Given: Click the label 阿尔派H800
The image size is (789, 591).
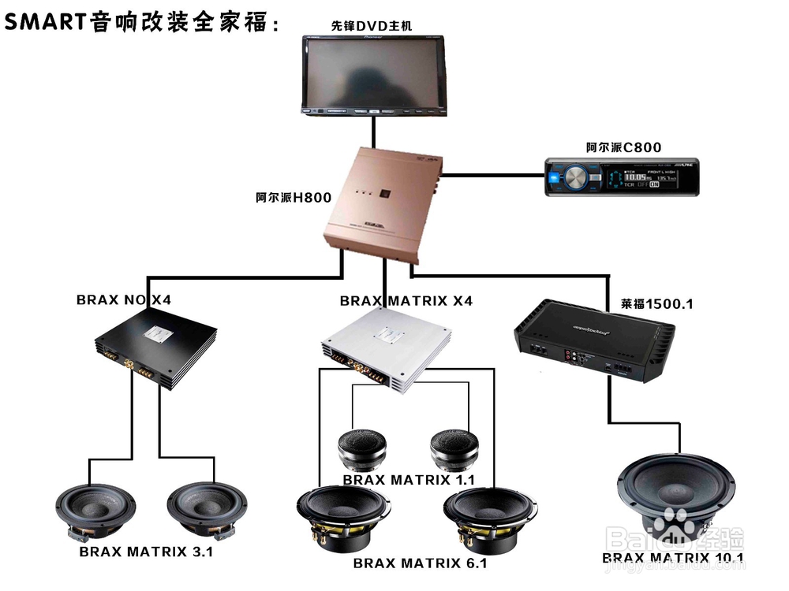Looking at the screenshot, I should coord(293,198).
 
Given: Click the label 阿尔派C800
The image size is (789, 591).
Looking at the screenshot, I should coord(623,147).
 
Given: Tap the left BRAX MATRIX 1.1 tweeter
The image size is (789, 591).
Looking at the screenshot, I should coord(362,451).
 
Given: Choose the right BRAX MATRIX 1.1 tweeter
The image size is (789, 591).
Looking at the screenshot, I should coord(454,451).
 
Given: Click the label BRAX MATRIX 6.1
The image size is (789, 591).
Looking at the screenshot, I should coord(420,563).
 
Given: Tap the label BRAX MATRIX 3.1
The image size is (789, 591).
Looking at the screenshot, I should coord(146,552).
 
